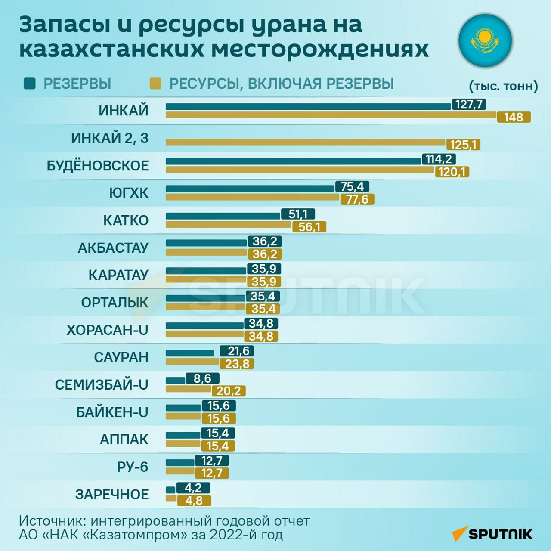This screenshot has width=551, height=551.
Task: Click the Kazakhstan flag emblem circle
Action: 485,40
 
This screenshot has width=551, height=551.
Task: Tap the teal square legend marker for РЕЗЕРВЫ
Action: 30,84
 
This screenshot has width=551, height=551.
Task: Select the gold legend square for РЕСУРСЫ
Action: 155,84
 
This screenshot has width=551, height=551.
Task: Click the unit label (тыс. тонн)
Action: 503,86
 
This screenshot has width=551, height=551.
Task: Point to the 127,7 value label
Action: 469,105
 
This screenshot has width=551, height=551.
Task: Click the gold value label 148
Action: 514,117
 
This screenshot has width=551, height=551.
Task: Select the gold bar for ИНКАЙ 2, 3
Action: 305,142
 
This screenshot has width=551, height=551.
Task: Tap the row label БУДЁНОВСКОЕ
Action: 98,166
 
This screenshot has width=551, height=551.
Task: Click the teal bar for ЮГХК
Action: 250,189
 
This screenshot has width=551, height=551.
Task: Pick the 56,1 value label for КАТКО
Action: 309,227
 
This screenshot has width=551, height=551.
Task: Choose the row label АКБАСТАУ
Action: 113,248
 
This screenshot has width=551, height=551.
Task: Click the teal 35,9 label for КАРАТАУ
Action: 264,269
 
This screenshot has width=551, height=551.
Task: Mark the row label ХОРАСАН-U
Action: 107,330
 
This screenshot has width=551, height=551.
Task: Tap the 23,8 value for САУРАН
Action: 237,364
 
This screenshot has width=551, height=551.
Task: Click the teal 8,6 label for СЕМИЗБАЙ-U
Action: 202,378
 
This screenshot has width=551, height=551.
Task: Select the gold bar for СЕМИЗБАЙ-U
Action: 189,389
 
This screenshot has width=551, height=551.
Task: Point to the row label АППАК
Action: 124,440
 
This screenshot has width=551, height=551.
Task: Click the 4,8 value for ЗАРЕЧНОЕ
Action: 194,501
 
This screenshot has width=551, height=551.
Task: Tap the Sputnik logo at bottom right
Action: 492,534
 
